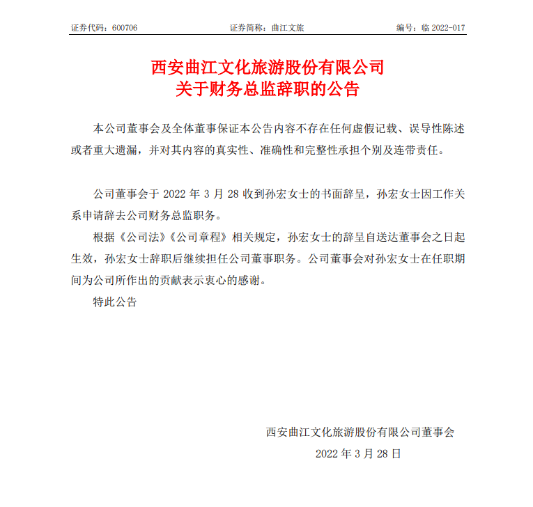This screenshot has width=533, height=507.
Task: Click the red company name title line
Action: [268, 68]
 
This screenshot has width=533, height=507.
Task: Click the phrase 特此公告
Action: [115, 302]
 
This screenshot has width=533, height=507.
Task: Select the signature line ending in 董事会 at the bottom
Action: [360, 432]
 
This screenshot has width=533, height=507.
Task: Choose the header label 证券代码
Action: [87, 28]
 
